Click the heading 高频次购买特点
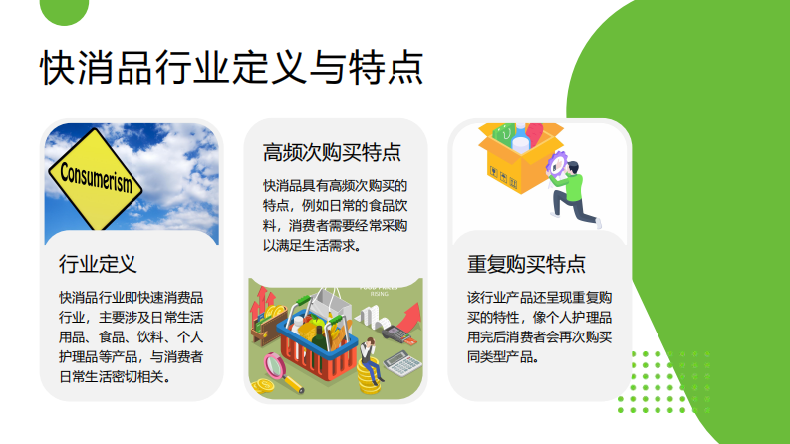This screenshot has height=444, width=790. tap(332, 152)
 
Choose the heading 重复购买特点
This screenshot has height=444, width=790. tap(526, 265)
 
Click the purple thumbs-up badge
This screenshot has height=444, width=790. tap(554, 160)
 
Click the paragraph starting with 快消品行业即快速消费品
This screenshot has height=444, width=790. tap(132, 336)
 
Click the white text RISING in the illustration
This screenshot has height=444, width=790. tap(380, 295)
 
